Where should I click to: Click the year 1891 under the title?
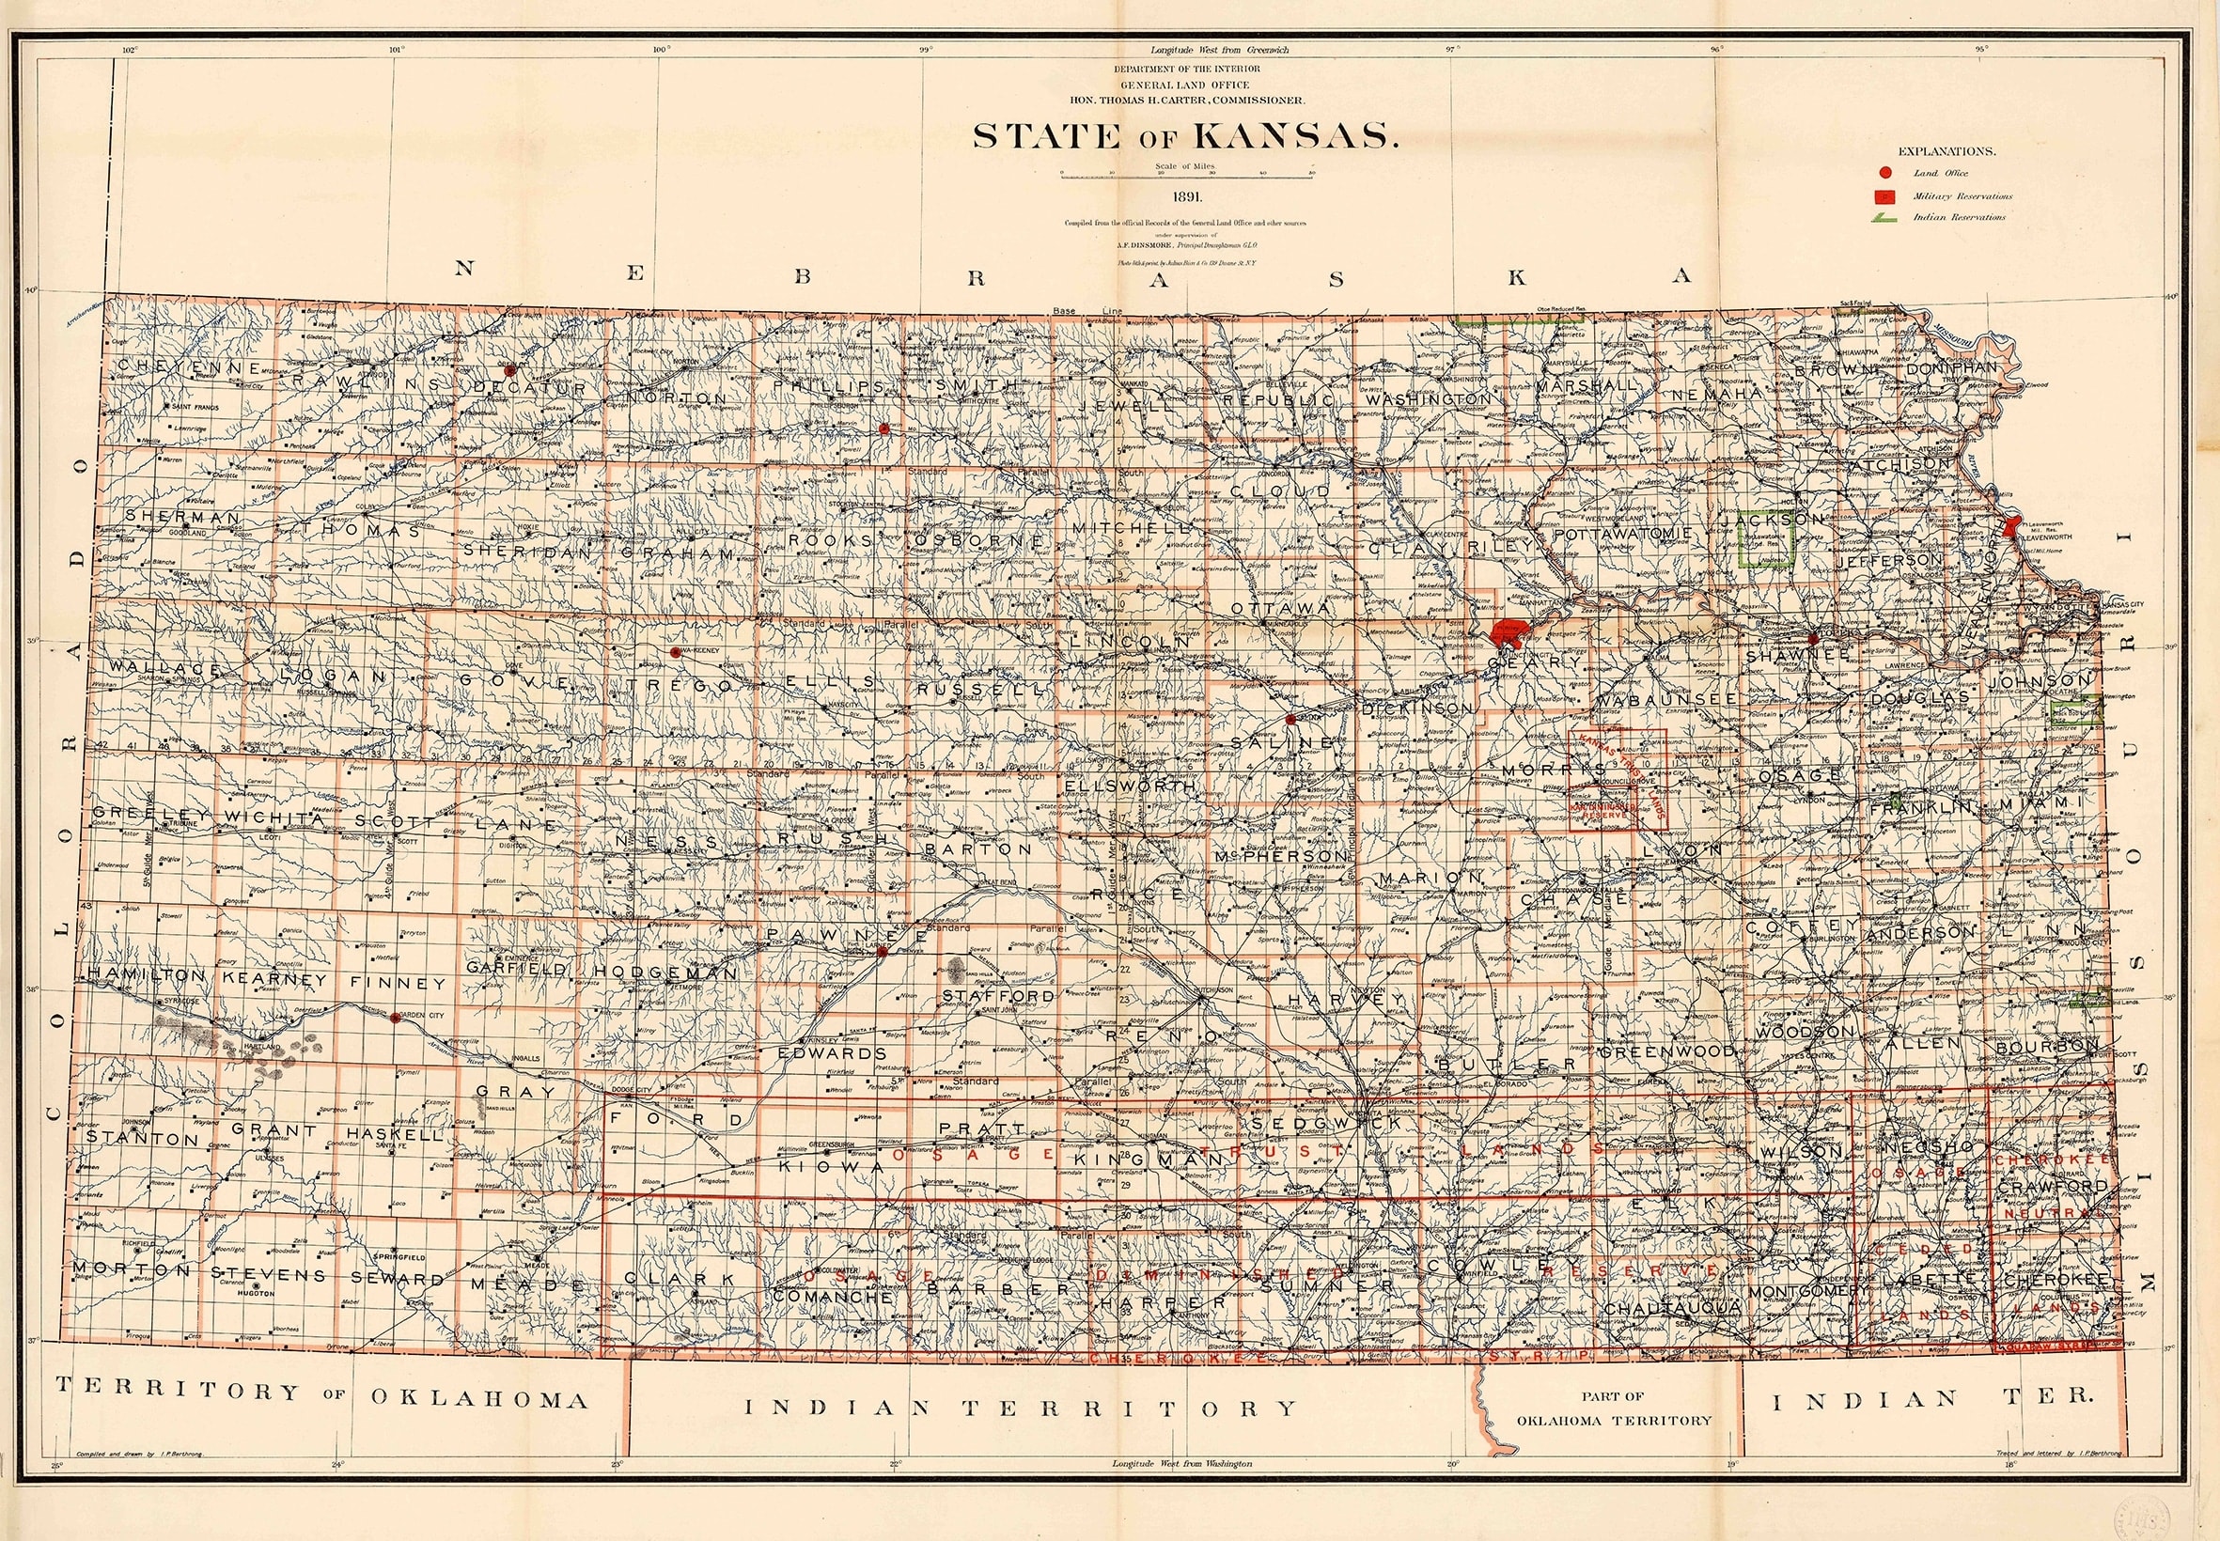coord(1187,196)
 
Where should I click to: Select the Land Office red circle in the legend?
coord(1884,174)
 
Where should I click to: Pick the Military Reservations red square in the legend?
coord(1884,196)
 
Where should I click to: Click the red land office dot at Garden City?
coord(394,1017)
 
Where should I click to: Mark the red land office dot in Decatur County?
coord(508,370)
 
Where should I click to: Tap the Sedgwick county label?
coord(1325,1124)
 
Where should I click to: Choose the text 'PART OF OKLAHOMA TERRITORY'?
coord(1614,1408)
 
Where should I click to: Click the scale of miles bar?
coord(1186,175)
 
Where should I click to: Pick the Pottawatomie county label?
coord(1621,533)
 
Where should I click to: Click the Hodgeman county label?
coord(665,973)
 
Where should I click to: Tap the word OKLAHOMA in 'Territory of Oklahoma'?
coord(479,1399)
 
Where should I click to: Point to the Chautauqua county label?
coord(1672,1307)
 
